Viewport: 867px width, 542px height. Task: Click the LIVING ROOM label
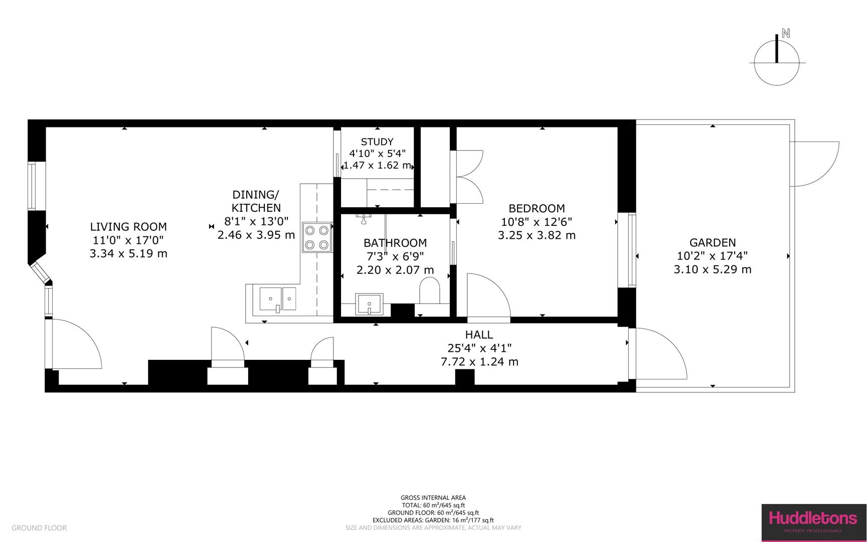click(128, 227)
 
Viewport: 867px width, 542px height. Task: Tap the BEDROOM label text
click(537, 208)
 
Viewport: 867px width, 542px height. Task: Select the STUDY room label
click(377, 142)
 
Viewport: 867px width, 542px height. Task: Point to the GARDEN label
click(712, 243)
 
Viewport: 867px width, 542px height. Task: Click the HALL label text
click(479, 335)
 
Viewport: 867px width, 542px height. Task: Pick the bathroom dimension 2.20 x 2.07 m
click(395, 270)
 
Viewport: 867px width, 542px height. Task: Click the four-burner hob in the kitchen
click(317, 237)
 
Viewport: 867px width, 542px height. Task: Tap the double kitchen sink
click(277, 299)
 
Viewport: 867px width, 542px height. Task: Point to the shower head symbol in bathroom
click(363, 217)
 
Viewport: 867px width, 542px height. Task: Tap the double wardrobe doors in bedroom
click(469, 177)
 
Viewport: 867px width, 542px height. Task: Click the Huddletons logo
click(813, 522)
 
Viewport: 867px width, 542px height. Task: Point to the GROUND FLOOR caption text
click(39, 528)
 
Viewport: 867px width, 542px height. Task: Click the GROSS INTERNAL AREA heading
click(433, 498)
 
